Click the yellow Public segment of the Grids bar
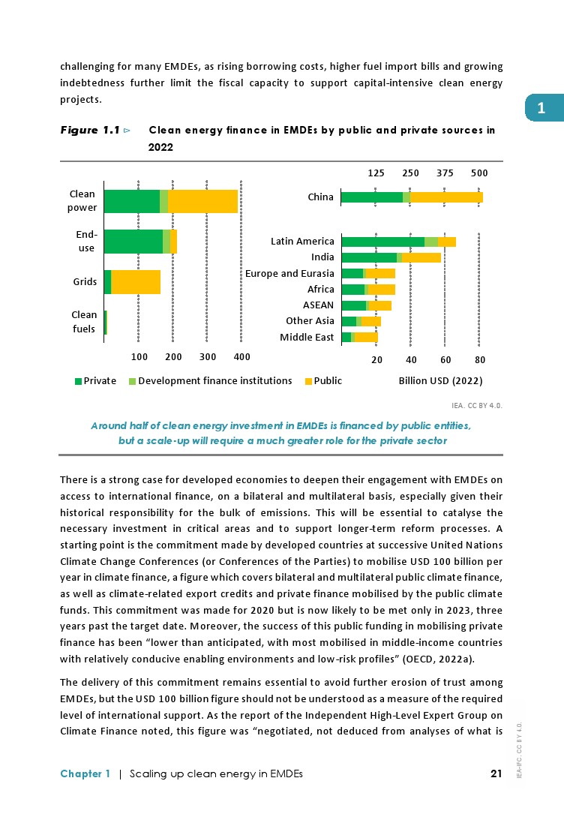point(136,281)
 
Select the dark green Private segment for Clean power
point(131,202)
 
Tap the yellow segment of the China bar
point(446,197)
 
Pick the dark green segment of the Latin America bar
point(382,242)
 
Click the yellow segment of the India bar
point(421,257)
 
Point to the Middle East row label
point(307,338)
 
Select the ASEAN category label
point(318,305)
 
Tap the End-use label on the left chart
point(86,242)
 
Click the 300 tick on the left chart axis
point(208,356)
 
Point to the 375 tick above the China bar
point(445,173)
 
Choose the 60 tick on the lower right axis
point(445,360)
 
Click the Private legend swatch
point(78,381)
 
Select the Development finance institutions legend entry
point(215,381)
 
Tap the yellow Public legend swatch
point(308,381)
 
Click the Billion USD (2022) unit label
point(440,381)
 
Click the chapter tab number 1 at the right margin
point(541,109)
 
